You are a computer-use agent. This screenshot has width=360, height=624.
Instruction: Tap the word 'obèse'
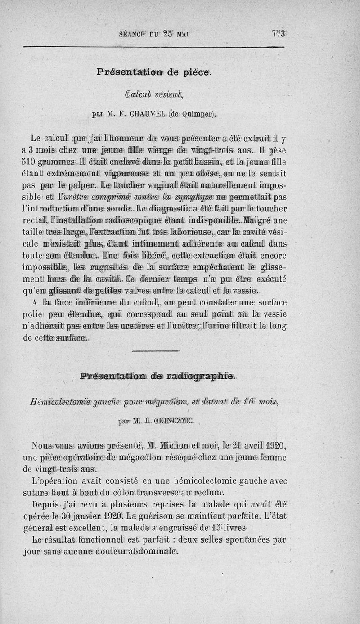click(x=225, y=174)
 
